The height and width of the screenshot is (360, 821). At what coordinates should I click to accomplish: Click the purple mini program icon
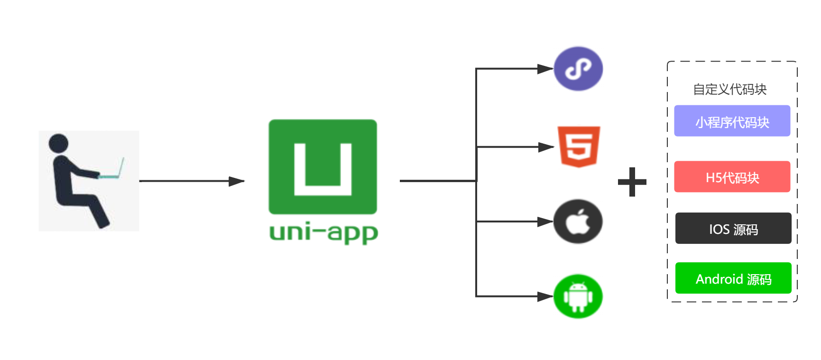tap(578, 69)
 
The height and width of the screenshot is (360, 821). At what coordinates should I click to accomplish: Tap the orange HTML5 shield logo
tap(579, 146)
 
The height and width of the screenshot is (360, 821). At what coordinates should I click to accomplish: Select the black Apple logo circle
tap(578, 222)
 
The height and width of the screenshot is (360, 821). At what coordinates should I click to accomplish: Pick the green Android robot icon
tap(578, 296)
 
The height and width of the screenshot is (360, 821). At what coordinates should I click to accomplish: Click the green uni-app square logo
tap(323, 166)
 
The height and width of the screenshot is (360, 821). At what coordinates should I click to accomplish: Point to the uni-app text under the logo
tap(323, 233)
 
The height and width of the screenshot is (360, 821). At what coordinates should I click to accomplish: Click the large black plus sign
tap(632, 182)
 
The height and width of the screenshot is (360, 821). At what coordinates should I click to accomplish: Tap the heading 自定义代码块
tap(729, 89)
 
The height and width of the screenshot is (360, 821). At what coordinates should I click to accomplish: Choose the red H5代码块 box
tap(732, 177)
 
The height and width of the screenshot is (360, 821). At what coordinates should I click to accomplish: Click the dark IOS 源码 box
tap(733, 229)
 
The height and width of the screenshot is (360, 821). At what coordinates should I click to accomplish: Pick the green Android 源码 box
tap(733, 278)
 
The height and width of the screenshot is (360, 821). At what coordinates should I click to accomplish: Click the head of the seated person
tap(58, 143)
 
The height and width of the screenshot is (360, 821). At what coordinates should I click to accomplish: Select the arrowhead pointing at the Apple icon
tap(545, 222)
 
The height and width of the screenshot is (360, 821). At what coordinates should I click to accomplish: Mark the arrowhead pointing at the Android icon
tap(545, 296)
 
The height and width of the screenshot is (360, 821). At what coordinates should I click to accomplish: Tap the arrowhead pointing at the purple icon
tap(545, 69)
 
